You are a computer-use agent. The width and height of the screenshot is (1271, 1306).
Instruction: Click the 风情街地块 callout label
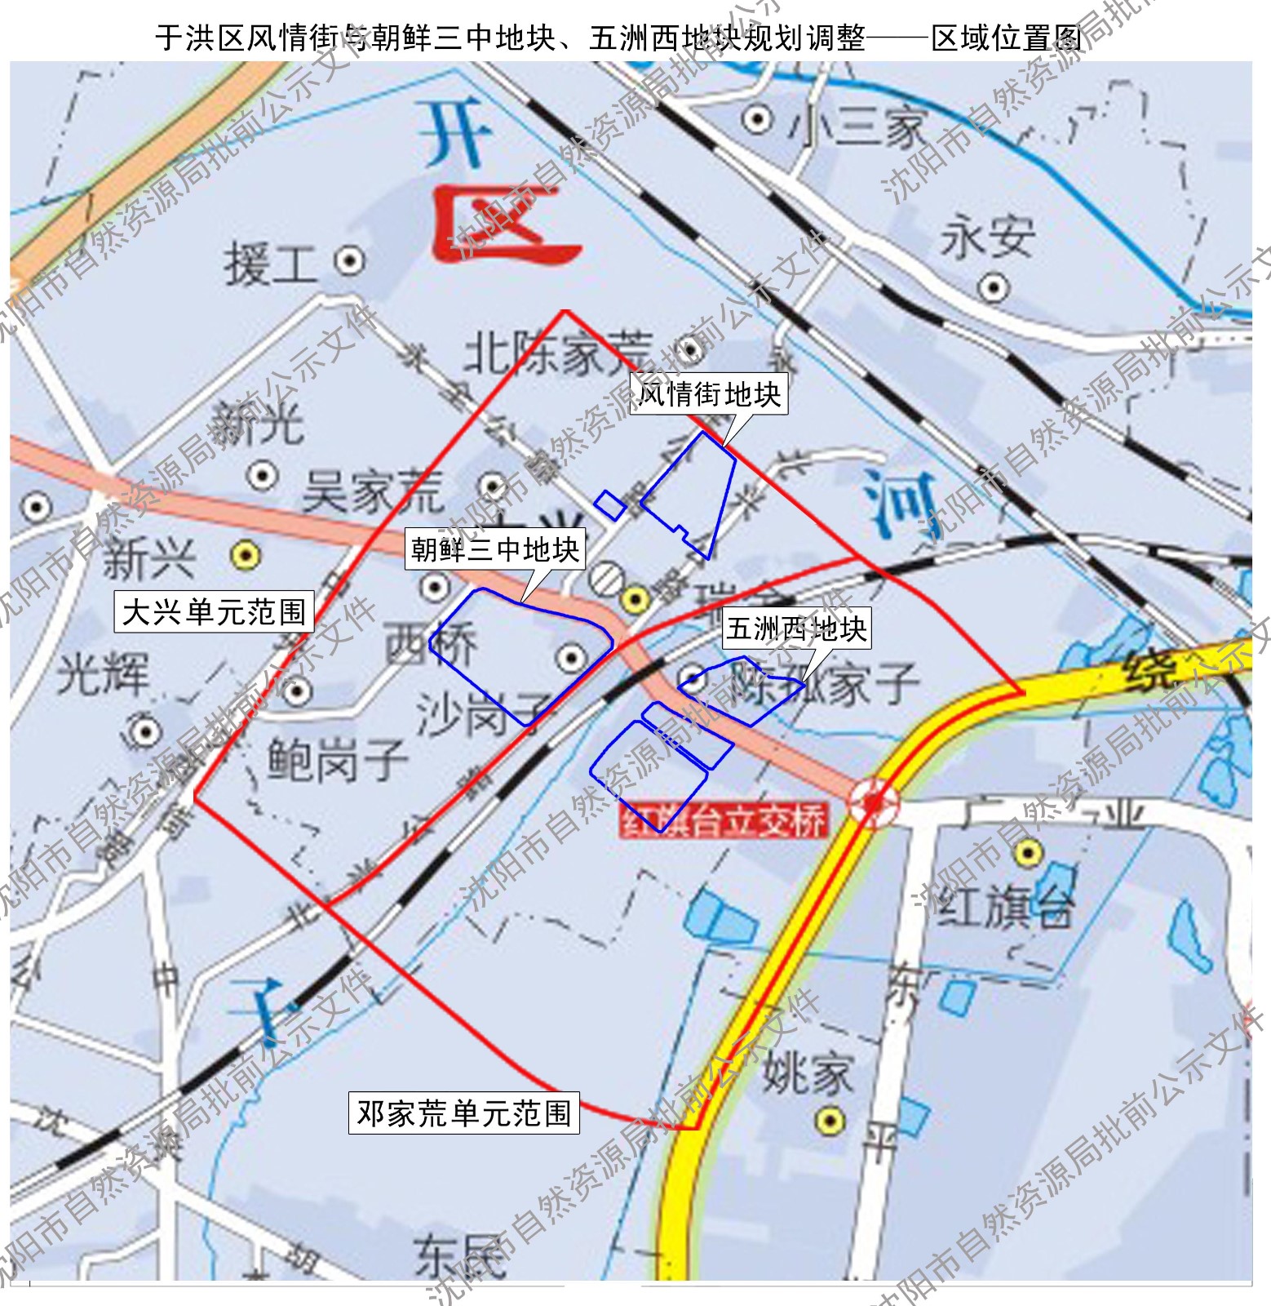709,394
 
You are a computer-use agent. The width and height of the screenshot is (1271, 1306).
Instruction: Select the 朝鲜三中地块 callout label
495,549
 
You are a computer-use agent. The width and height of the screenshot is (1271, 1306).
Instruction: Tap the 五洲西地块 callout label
795,629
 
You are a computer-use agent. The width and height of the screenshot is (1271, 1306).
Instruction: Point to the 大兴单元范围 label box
214,611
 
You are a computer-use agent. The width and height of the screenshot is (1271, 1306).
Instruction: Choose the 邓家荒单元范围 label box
463,1113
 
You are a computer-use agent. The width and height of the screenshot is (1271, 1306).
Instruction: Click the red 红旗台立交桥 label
724,821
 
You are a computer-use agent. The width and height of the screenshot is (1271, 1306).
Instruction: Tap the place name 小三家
857,127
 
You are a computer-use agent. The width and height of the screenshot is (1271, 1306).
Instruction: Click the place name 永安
988,237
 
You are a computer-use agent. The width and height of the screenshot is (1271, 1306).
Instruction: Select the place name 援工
270,264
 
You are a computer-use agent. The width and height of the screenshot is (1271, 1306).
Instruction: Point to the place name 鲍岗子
337,759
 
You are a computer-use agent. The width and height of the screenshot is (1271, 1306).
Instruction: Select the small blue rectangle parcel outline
609,505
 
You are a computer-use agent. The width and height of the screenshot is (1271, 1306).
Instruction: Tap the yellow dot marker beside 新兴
245,556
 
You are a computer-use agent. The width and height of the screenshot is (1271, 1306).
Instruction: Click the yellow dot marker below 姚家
830,1121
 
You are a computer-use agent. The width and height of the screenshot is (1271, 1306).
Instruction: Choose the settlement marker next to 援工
349,261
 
